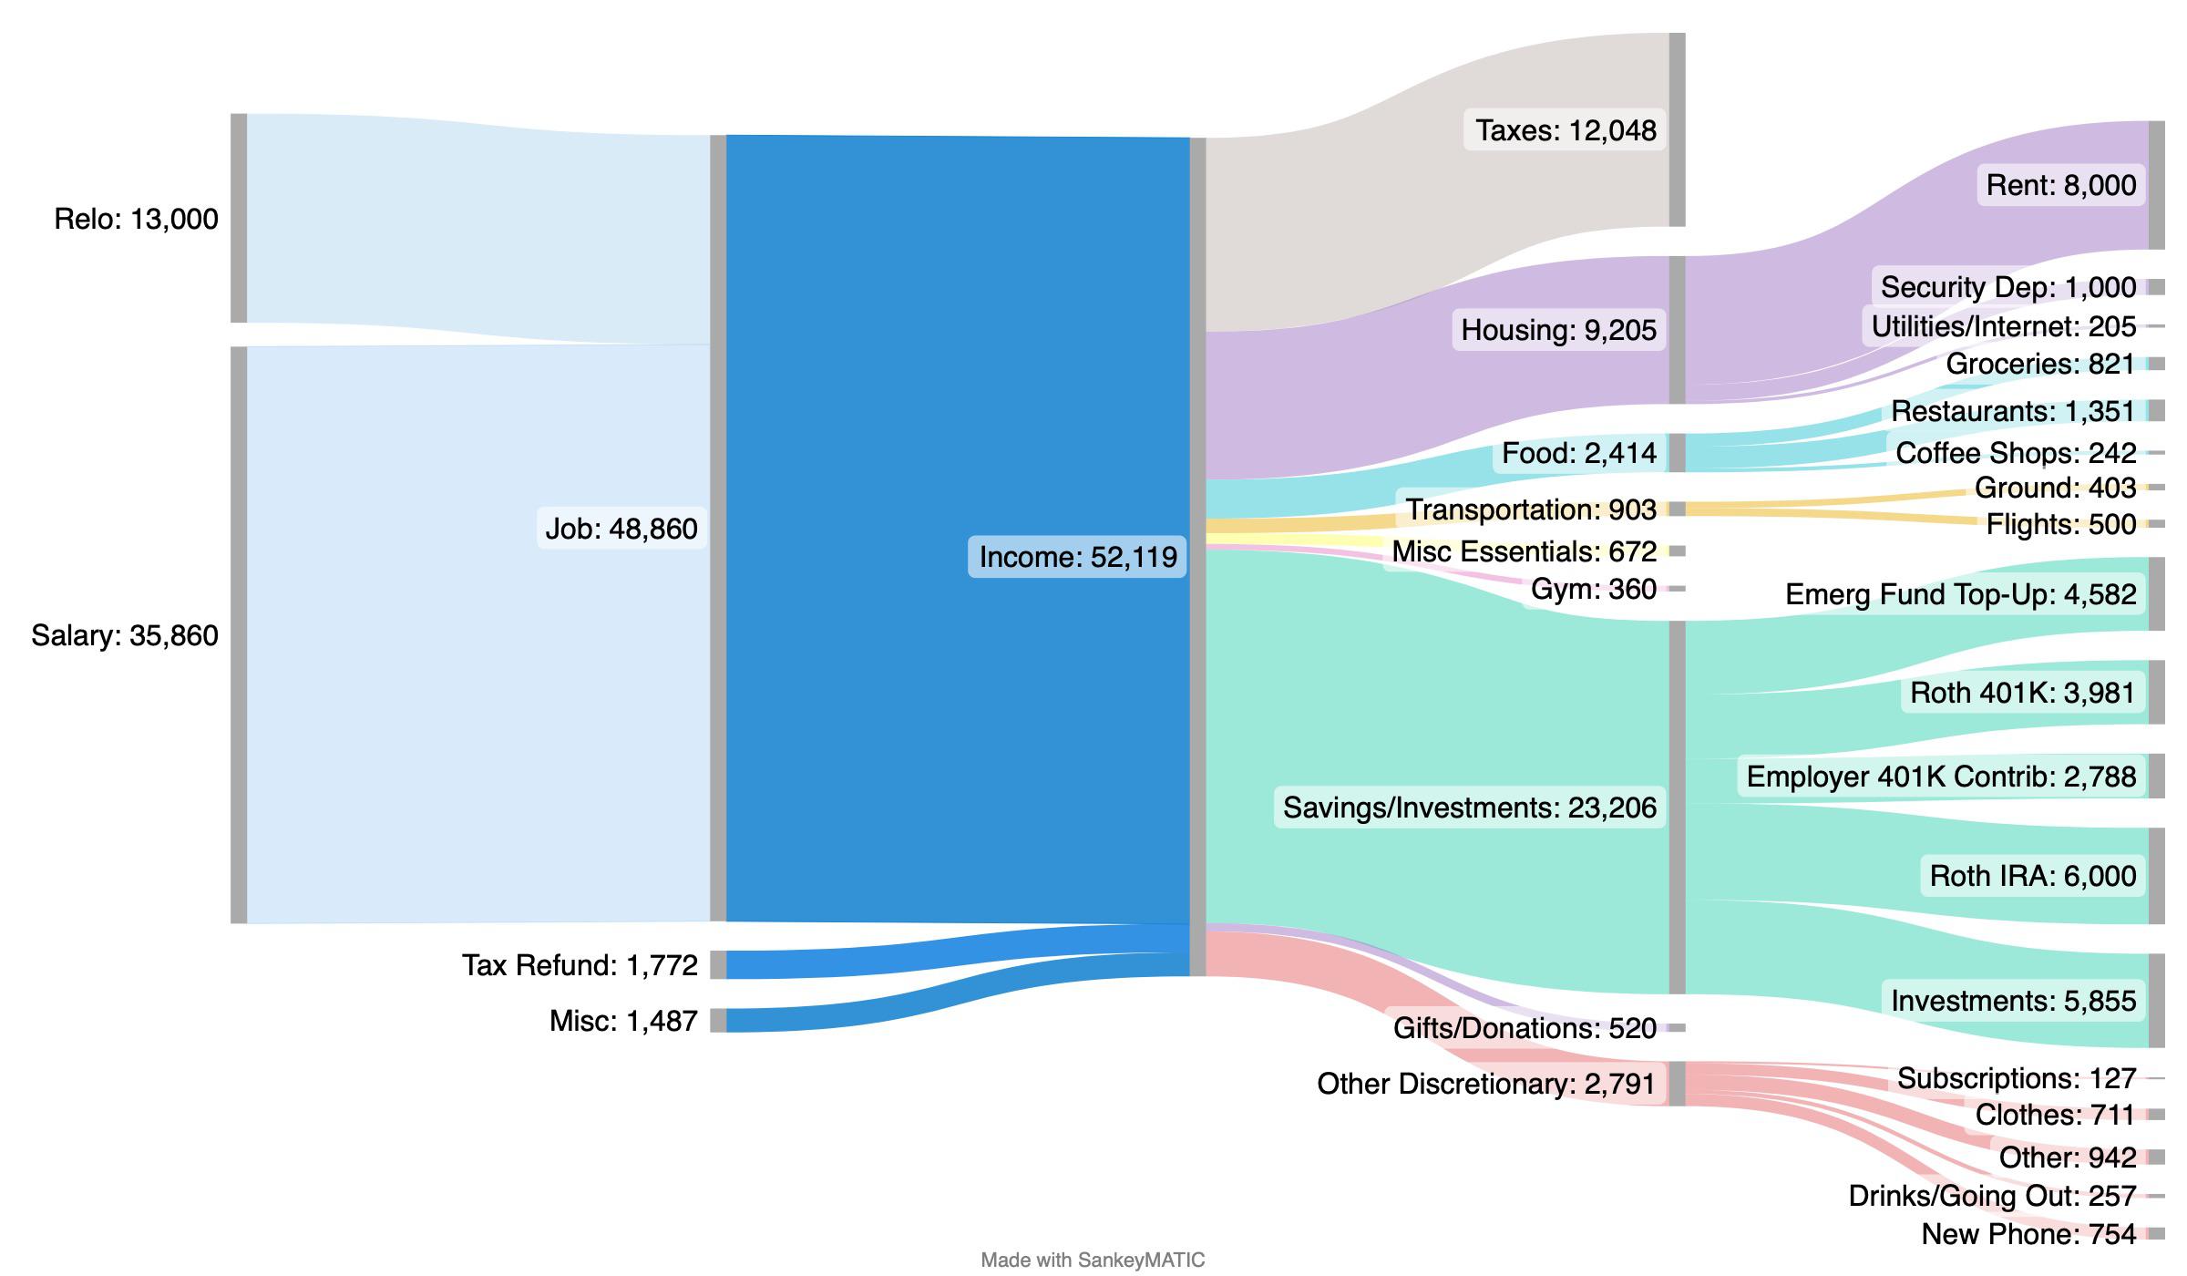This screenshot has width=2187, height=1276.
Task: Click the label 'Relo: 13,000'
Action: pos(136,219)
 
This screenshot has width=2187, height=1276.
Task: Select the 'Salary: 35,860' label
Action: pos(125,635)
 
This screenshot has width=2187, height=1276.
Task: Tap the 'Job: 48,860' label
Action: pos(621,528)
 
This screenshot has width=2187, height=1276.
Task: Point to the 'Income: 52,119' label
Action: pos(1077,556)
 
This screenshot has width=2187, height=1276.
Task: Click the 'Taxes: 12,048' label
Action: pos(1566,130)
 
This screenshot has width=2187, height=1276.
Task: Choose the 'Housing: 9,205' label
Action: pos(1558,330)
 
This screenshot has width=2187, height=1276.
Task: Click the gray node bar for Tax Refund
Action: pos(718,964)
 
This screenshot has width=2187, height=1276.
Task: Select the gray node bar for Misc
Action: pos(718,1021)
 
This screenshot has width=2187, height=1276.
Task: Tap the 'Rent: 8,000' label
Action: pos(2060,185)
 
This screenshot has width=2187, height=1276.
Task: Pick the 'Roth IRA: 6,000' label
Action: pos(2032,876)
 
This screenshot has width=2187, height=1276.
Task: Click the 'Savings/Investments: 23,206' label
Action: pos(1469,808)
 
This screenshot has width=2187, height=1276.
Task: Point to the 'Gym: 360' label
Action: pos(1593,590)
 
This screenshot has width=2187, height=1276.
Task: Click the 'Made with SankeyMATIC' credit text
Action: pos(1093,1260)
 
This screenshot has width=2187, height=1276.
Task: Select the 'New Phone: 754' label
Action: pos(2028,1234)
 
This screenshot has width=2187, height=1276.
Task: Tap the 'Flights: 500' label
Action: pos(2060,524)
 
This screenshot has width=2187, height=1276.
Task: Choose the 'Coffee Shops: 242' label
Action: pos(2016,453)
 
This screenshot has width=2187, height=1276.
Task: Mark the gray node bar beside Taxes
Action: pos(1677,129)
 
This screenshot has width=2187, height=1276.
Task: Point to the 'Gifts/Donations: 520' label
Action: pos(1524,1028)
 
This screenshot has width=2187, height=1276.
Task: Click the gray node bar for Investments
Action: pos(2156,1001)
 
